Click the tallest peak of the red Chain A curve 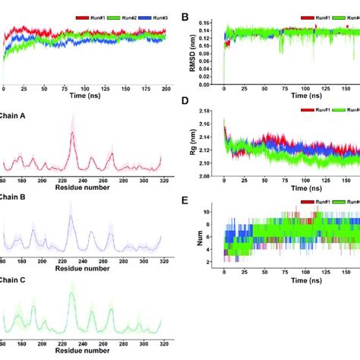tap(71, 134)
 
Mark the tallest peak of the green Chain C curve tap(71, 295)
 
